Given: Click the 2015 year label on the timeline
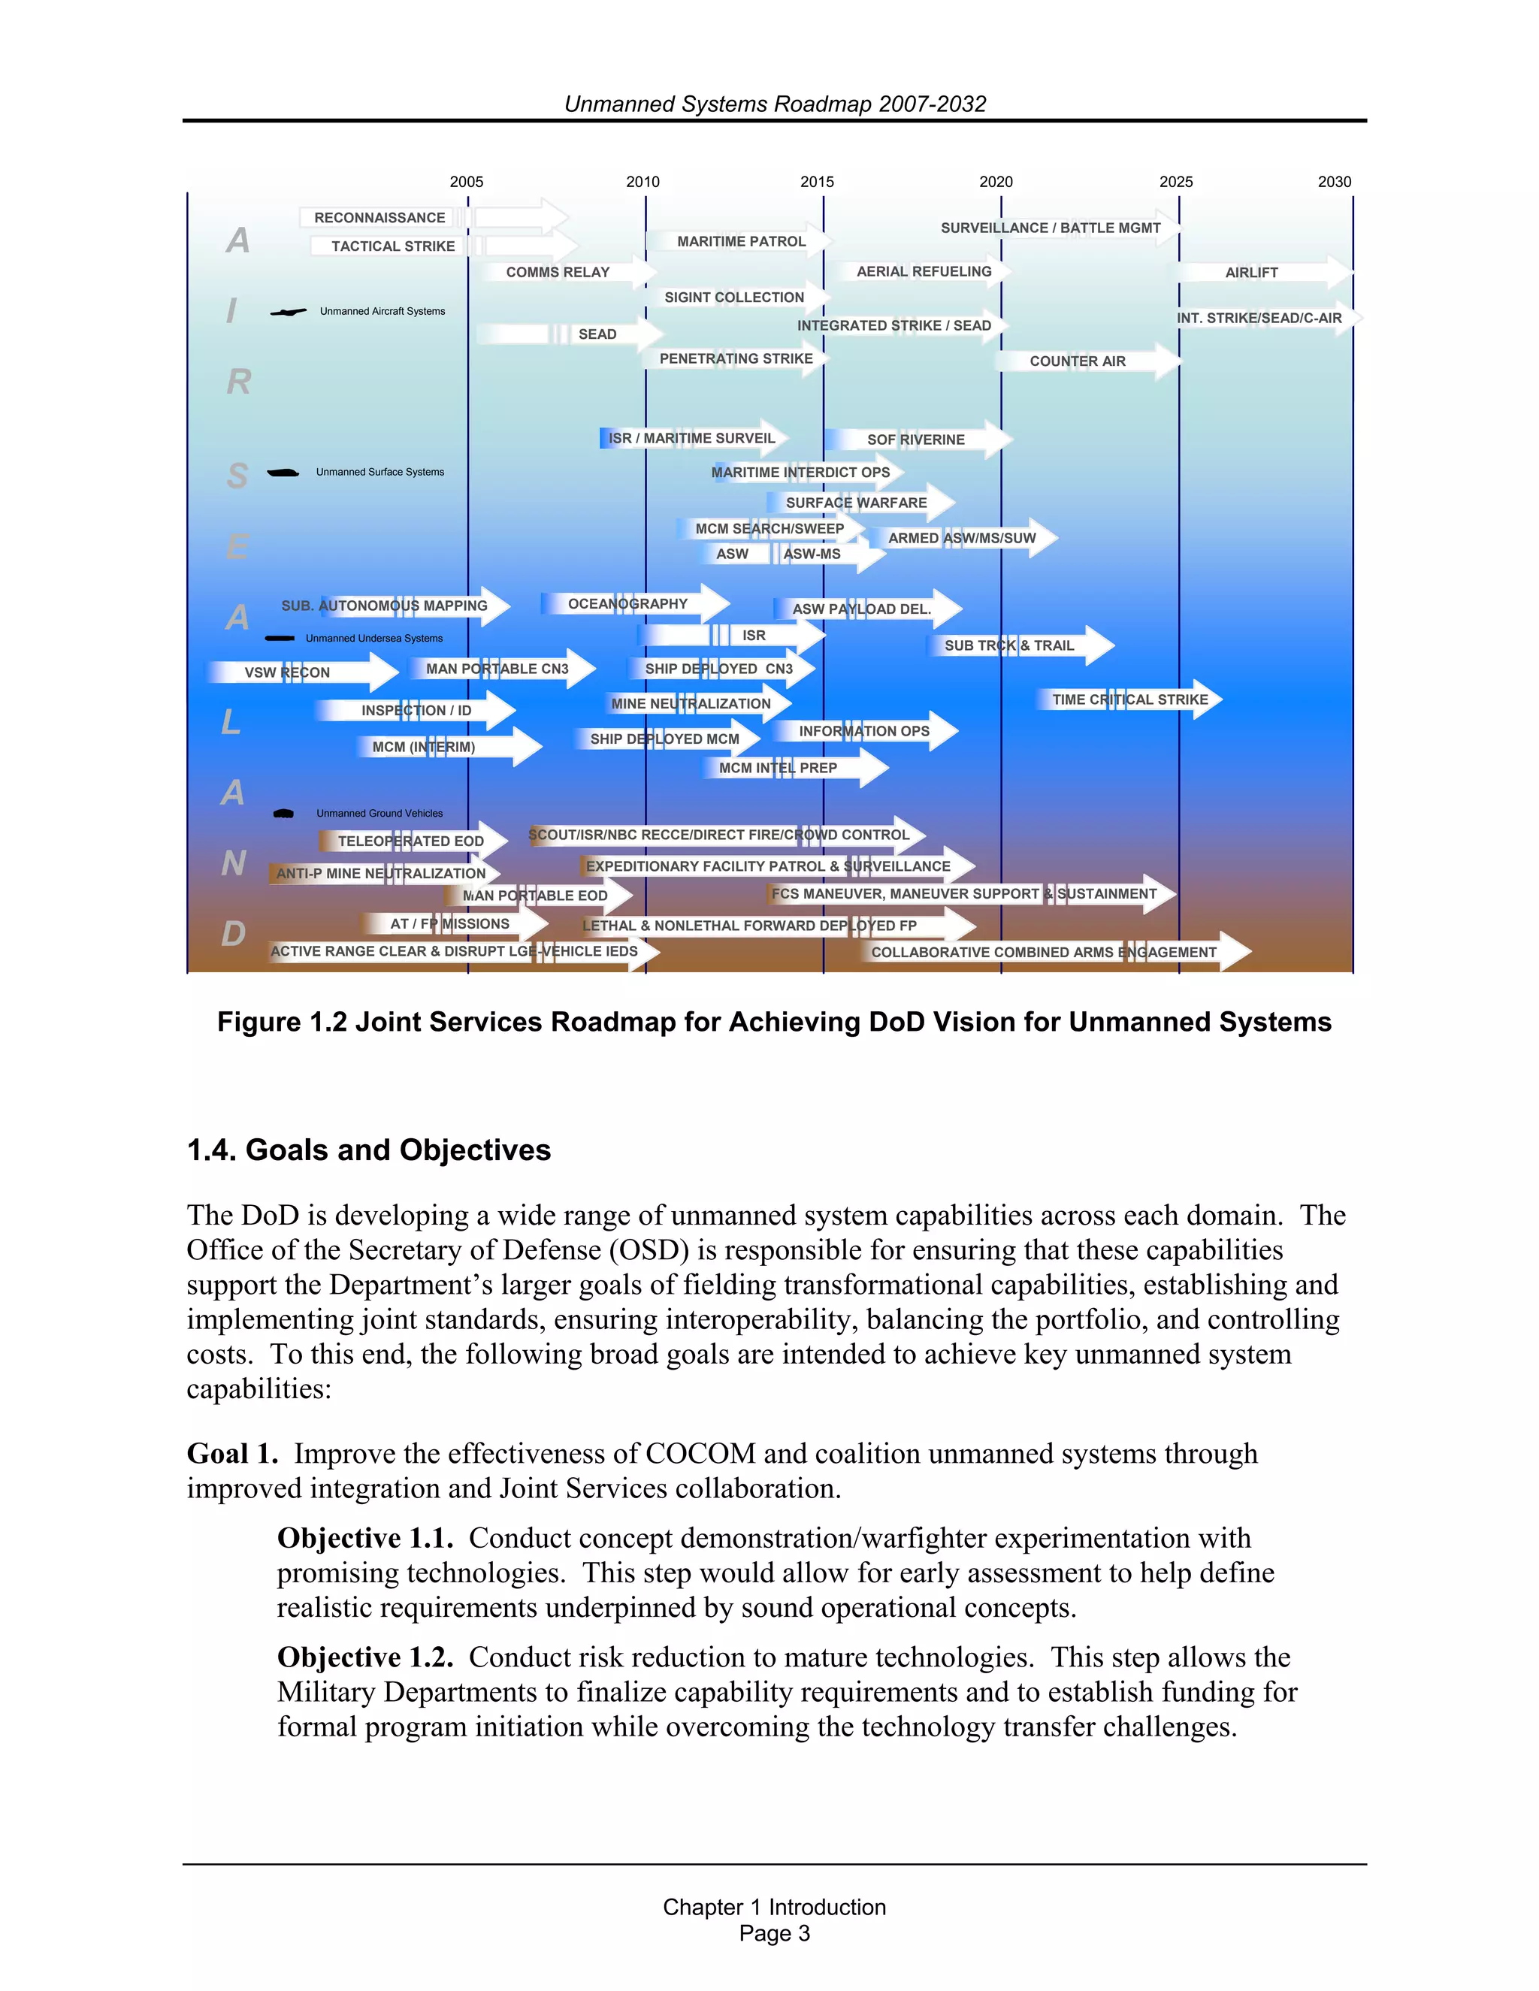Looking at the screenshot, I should pyautogui.click(x=817, y=181).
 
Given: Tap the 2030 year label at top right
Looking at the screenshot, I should pyautogui.click(x=1334, y=181).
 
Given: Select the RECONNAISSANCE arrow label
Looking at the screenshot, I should pyautogui.click(x=379, y=218).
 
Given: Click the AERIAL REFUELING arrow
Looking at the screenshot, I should pyautogui.click(x=924, y=272).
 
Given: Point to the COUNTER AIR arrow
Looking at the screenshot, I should pyautogui.click(x=1078, y=361).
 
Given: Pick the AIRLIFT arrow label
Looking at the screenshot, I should pyautogui.click(x=1251, y=273).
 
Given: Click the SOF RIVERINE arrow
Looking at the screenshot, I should pyautogui.click(x=915, y=440).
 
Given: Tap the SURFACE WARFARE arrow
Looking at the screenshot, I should pyautogui.click(x=856, y=503).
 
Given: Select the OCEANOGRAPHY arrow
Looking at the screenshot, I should pyautogui.click(x=627, y=603).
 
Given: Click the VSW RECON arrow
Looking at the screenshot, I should pyautogui.click(x=287, y=672).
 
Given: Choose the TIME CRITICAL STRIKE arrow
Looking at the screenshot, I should pyautogui.click(x=1129, y=699).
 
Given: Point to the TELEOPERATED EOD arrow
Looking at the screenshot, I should pyautogui.click(x=410, y=841).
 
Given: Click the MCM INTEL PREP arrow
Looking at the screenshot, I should pyautogui.click(x=778, y=768).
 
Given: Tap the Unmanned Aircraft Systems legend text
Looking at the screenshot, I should pyautogui.click(x=382, y=312).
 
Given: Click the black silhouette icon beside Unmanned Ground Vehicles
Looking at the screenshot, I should pyautogui.click(x=283, y=813).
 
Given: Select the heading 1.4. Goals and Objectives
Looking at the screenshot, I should pyautogui.click(x=368, y=1150).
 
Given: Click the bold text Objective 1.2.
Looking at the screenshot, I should pyautogui.click(x=364, y=1657).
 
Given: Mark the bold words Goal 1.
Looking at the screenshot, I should pyautogui.click(x=232, y=1453).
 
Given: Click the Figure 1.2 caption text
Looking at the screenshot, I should pyautogui.click(x=774, y=1022).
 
